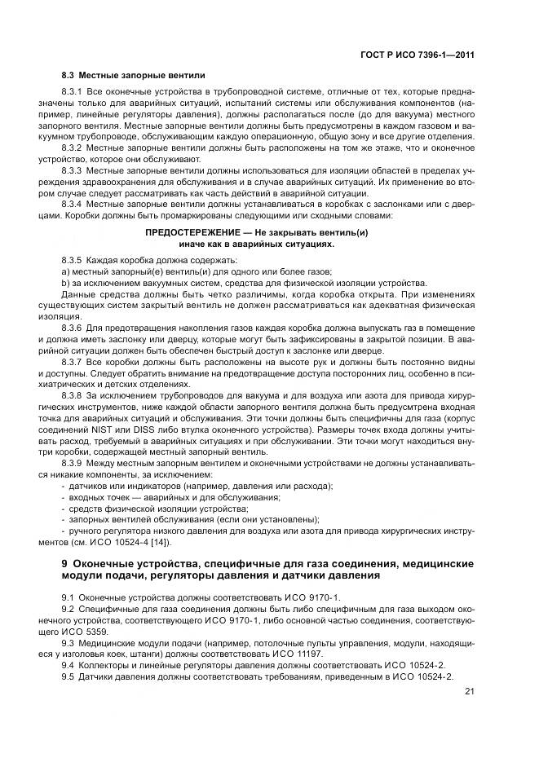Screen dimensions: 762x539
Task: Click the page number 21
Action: pos(469,692)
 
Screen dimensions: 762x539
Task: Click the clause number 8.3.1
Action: pos(73,94)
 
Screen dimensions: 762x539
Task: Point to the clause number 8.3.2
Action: pos(73,149)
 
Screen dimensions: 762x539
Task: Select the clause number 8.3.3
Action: pos(73,172)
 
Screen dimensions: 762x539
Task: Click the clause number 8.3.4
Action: pos(73,205)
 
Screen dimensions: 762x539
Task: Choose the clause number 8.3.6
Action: pos(73,326)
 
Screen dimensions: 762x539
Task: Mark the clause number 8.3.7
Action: pos(73,359)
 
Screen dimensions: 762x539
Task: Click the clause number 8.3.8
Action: pos(73,394)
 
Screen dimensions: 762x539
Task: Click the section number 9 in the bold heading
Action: pos(65,563)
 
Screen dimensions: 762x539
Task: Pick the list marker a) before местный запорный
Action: pos(65,270)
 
